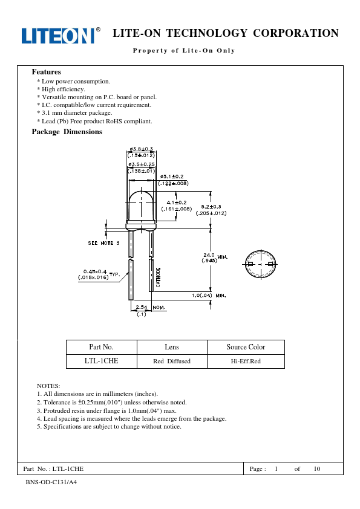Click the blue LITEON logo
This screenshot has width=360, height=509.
(61, 36)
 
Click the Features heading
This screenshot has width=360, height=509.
(46, 72)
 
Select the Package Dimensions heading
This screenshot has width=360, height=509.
(67, 132)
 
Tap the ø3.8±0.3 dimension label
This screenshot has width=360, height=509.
(141, 149)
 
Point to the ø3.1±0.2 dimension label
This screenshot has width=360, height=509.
(172, 177)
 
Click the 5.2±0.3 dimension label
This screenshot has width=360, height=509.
(211, 207)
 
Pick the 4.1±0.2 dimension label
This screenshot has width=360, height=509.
(177, 203)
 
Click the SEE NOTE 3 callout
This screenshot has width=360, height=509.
(103, 243)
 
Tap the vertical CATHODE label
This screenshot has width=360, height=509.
(159, 277)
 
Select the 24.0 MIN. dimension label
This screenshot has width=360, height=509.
(215, 258)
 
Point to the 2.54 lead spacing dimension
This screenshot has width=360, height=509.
(142, 307)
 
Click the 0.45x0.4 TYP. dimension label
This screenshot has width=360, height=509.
(99, 274)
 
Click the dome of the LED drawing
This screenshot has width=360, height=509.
(142, 204)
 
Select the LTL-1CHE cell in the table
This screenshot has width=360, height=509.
(102, 361)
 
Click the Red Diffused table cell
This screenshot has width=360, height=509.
(172, 361)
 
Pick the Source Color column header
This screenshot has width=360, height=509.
(246, 347)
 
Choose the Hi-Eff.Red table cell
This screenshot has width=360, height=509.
(246, 361)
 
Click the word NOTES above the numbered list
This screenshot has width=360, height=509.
(48, 386)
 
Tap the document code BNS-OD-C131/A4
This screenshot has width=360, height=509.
(51, 482)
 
